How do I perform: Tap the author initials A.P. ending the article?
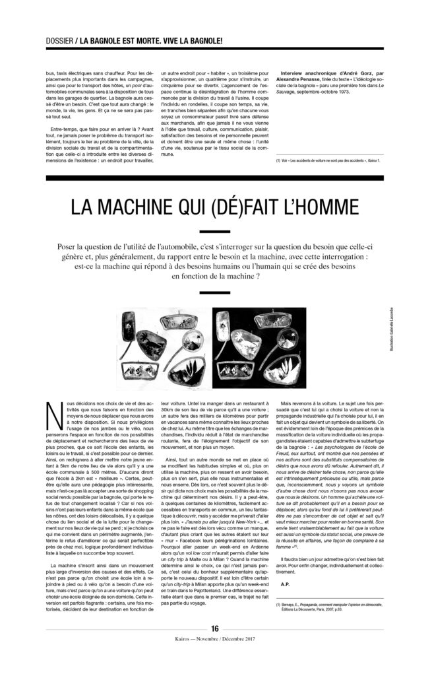tap(286, 583)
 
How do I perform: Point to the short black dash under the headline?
tap(215, 232)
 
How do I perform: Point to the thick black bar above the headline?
tap(215, 179)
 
